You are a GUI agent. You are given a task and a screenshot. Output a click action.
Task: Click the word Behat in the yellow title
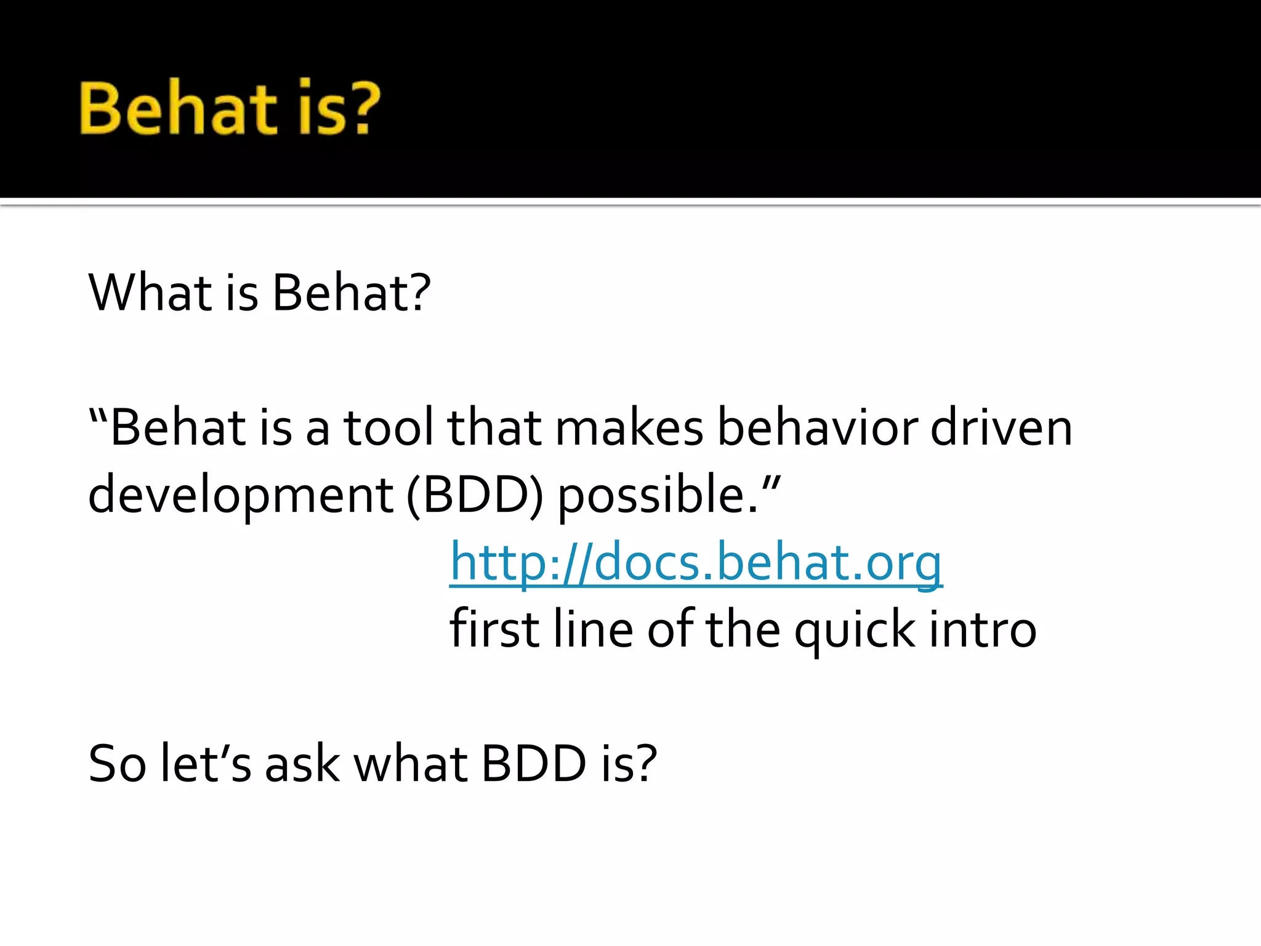point(179,109)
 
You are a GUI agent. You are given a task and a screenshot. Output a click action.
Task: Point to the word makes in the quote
point(629,427)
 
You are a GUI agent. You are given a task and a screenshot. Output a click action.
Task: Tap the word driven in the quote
point(1001,427)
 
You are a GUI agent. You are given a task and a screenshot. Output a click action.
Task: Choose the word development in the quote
point(240,495)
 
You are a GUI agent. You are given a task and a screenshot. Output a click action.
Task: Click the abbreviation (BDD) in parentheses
point(475,495)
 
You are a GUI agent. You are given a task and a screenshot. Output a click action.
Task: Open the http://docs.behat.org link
point(696,562)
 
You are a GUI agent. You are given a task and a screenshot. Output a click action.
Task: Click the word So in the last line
point(117,764)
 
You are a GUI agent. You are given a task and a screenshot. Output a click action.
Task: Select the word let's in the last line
point(206,764)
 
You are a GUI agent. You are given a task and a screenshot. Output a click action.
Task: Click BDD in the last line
point(533,764)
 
